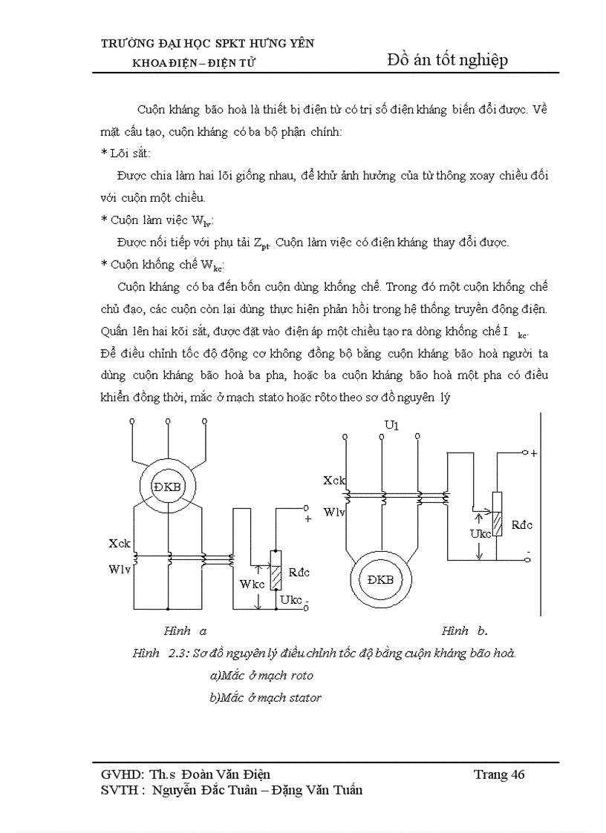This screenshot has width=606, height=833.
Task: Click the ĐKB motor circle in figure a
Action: (168, 486)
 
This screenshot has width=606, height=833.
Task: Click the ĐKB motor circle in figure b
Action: (380, 580)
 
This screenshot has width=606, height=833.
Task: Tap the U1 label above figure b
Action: (391, 425)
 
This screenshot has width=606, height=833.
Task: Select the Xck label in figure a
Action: (120, 544)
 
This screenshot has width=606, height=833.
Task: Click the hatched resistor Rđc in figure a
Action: (276, 570)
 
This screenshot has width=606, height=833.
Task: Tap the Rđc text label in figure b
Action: (523, 524)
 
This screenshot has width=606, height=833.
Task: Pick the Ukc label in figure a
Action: (291, 599)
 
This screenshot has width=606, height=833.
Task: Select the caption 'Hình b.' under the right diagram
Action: (464, 631)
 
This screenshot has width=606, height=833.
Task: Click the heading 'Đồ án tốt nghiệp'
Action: (448, 60)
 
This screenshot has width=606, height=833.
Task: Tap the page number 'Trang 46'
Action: (499, 774)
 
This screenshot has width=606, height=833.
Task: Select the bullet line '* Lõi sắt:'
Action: (130, 153)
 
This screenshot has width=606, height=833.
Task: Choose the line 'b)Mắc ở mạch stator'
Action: (266, 697)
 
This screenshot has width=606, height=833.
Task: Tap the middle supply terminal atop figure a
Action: (169, 421)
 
